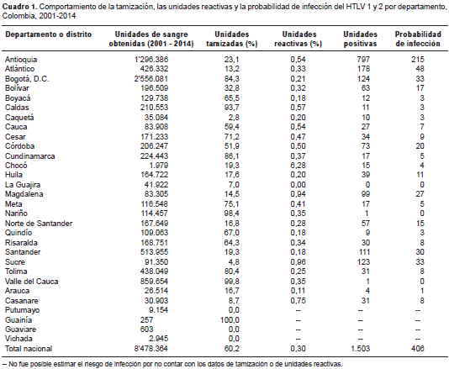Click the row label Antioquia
tap(21, 60)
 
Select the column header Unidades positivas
tap(360, 39)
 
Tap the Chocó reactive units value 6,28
tap(298, 166)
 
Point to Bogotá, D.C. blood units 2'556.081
tap(151, 79)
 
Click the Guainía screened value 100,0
tap(230, 320)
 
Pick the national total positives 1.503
tap(360, 349)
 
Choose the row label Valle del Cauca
tap(31, 282)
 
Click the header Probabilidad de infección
tap(418, 39)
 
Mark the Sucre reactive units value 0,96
tap(298, 262)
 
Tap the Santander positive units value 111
tap(363, 252)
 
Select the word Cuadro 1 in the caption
tap(19, 7)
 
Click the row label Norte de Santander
tap(39, 224)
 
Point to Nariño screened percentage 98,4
tap(232, 213)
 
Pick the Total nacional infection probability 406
tap(418, 349)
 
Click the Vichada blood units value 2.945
tap(158, 339)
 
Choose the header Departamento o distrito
tap(49, 34)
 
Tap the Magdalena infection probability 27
tap(420, 194)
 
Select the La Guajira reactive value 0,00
tap(298, 185)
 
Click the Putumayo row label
tap(23, 310)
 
